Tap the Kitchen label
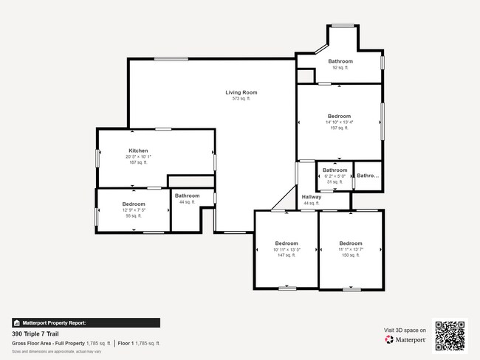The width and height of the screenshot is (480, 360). pos(138,150)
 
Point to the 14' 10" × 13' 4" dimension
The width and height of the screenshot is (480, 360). pos(339,122)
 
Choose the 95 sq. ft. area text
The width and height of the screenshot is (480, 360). pos(134,216)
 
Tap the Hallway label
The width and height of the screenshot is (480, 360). pos(312,197)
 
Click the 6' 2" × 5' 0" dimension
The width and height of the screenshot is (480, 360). pos(335,176)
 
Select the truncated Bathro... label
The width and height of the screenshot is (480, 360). pos(368,176)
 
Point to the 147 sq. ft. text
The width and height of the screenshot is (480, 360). pos(286,256)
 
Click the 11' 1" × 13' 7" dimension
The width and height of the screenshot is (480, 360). pos(351,249)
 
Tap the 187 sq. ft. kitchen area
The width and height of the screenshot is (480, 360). pos(138,162)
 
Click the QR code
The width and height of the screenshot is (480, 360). pos(450,335)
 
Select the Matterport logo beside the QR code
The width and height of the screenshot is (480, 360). pos(405,339)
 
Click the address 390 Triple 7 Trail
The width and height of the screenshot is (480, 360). pos(37,333)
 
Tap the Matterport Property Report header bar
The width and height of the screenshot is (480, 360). pos(86,322)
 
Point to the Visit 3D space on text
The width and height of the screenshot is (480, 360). pos(405,330)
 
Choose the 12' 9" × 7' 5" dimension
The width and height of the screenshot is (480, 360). pos(134,210)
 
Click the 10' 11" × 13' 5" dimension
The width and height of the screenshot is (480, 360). pos(286,249)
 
